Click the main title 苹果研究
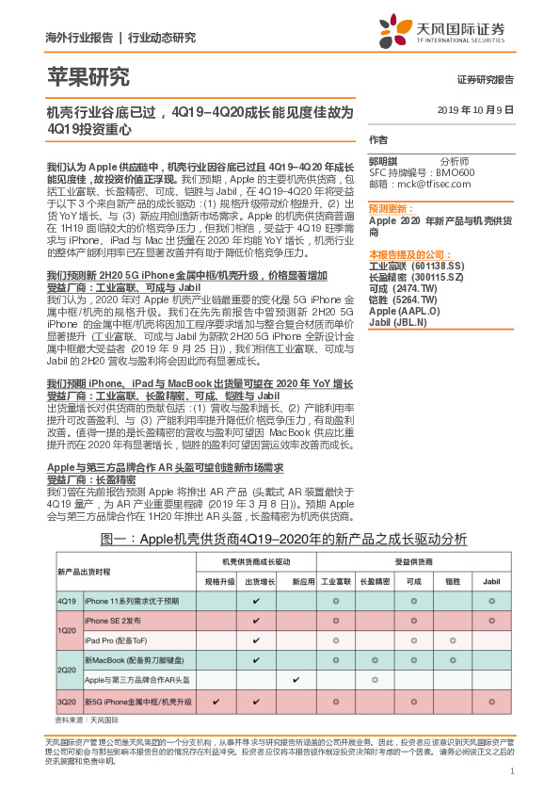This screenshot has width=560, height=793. coord(88,78)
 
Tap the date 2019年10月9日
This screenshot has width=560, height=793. coord(476,109)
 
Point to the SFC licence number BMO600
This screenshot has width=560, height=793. coord(456,172)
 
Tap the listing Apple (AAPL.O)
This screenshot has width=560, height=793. coord(405,311)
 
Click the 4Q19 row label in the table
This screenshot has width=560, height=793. coord(67,600)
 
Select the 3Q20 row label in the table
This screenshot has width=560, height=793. coord(67,703)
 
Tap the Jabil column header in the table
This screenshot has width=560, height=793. coord(491,581)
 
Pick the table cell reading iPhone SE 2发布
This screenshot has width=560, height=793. coord(113,621)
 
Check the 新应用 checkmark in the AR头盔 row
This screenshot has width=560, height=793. coord(296,679)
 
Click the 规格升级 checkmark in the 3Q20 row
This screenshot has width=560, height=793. coord(217,703)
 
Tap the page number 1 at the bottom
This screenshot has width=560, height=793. coord(512,771)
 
